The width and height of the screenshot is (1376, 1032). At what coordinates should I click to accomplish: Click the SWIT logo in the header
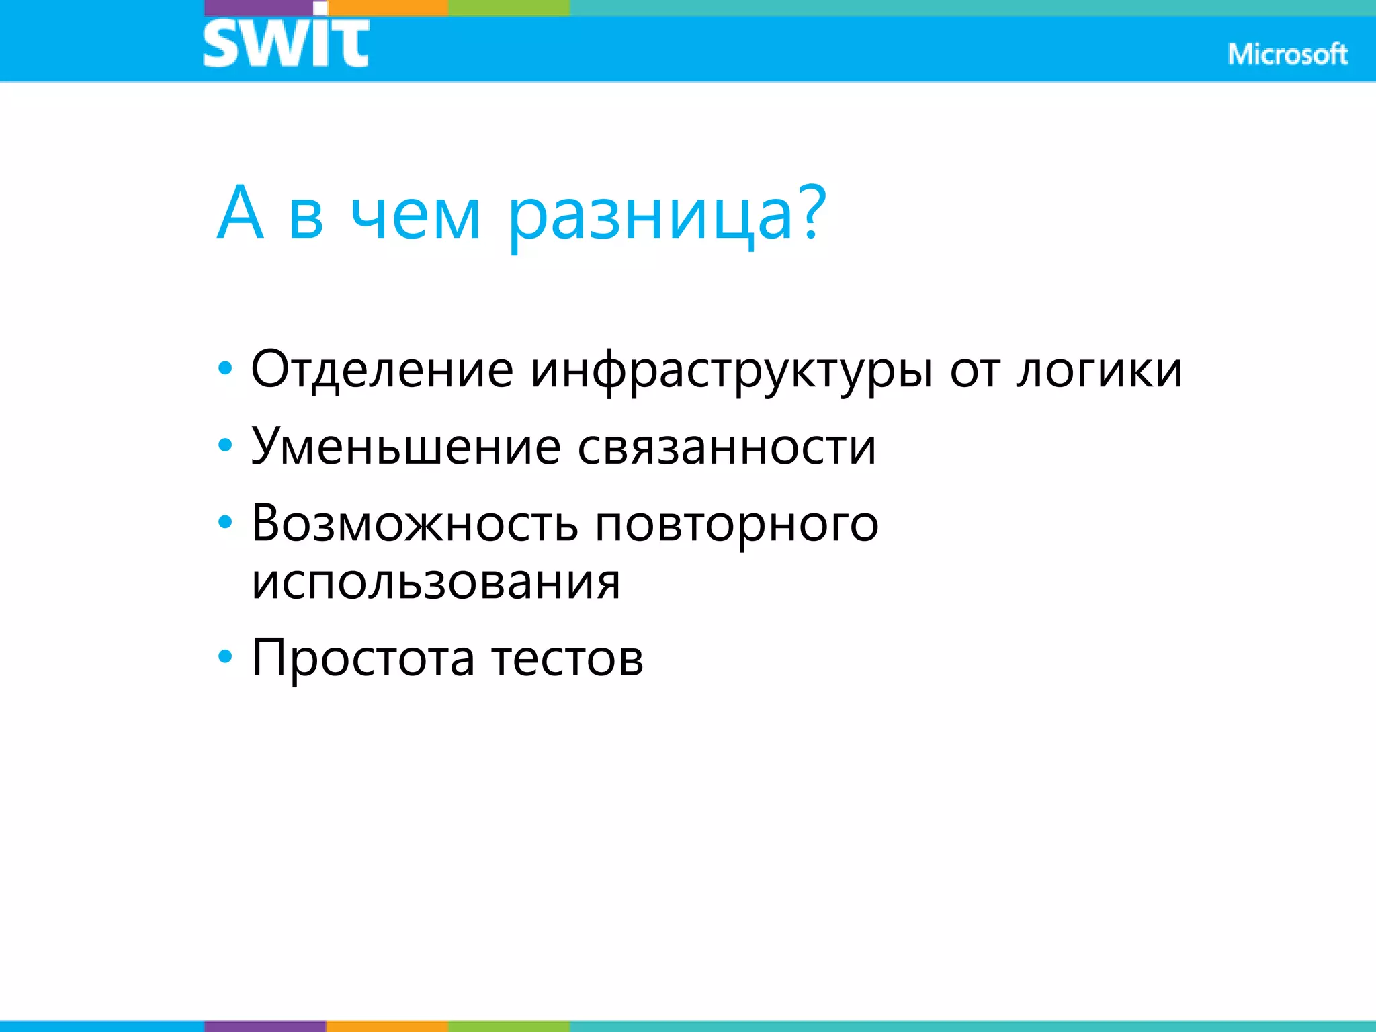pos(286,40)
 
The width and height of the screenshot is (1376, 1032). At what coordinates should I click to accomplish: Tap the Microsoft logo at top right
pos(1287,54)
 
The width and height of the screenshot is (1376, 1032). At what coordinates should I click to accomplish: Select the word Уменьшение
pos(406,446)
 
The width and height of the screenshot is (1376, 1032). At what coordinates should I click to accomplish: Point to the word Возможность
pos(414,523)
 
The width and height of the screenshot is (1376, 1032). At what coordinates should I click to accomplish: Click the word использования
pos(435,582)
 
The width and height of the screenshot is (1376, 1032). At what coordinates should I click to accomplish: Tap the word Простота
pos(363,658)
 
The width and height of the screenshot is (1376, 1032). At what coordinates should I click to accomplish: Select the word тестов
pos(567,658)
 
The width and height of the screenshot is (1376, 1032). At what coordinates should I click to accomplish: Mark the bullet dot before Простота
pos(225,656)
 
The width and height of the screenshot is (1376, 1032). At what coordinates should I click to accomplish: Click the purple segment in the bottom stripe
pos(265,1026)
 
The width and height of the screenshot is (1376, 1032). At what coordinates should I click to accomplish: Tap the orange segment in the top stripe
pos(388,7)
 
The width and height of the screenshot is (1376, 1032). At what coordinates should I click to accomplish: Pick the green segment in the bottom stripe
pos(509,1026)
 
